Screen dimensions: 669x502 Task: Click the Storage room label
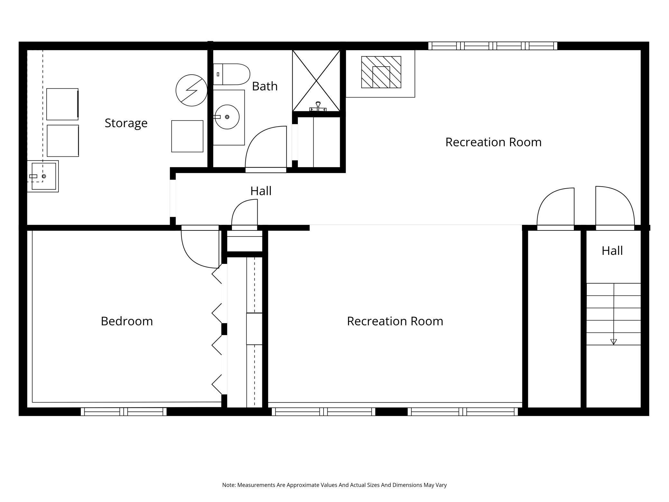click(x=126, y=123)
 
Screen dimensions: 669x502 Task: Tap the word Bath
click(x=265, y=86)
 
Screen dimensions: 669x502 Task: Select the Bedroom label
click(x=127, y=321)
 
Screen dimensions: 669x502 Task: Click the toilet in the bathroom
click(x=232, y=74)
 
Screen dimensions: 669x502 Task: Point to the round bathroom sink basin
click(x=227, y=117)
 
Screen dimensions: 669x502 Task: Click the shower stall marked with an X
click(x=316, y=81)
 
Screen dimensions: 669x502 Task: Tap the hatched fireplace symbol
click(x=381, y=72)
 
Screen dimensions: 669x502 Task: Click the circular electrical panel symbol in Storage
click(x=191, y=90)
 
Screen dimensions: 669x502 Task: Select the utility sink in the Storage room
click(x=43, y=176)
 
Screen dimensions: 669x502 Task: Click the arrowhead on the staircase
click(x=613, y=342)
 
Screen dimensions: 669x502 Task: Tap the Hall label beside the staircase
click(x=612, y=251)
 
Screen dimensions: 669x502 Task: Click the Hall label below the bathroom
click(x=261, y=191)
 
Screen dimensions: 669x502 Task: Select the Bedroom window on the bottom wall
click(x=124, y=412)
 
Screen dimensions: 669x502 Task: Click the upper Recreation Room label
click(x=493, y=142)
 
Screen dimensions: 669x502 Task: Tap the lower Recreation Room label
click(x=395, y=321)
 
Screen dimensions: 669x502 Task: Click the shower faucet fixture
click(x=318, y=107)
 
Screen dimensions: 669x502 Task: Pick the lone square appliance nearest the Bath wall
click(x=187, y=136)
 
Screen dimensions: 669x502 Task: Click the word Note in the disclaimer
click(x=229, y=485)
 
